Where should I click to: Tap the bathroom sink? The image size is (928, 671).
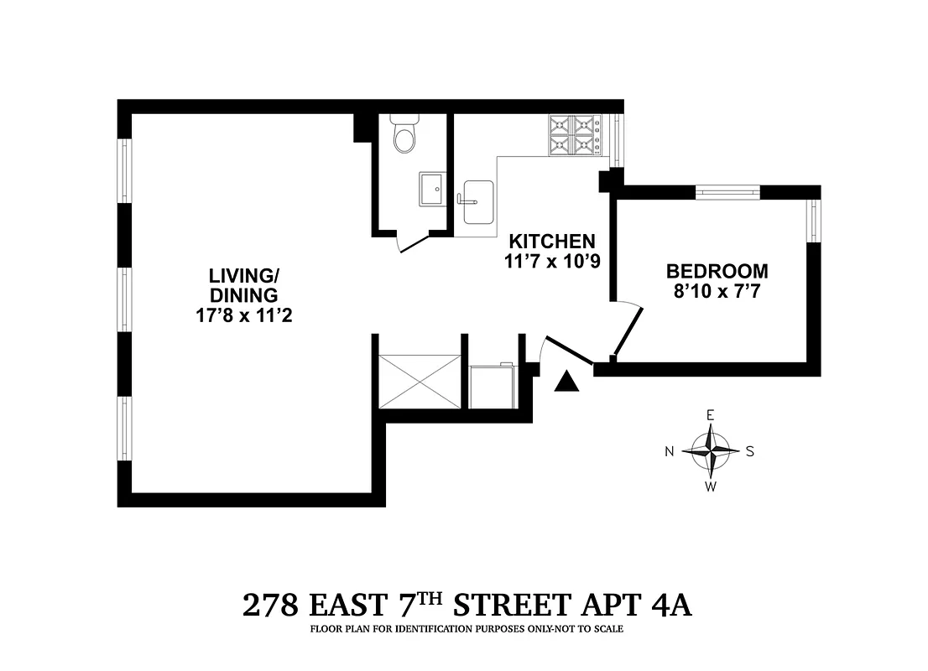[x=434, y=189]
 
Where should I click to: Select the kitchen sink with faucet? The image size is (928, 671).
[x=478, y=201]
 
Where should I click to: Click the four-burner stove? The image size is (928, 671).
[x=575, y=136]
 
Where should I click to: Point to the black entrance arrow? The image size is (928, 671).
[x=568, y=382]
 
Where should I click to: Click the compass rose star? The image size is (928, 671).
[x=711, y=450]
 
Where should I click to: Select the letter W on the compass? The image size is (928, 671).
[x=711, y=486]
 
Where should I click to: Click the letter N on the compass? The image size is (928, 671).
[x=670, y=451]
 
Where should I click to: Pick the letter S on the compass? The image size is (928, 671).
[x=750, y=451]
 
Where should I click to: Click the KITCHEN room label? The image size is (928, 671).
[x=550, y=241]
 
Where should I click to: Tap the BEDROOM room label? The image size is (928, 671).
[x=717, y=272]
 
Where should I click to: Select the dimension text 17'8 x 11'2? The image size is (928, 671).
[x=243, y=316]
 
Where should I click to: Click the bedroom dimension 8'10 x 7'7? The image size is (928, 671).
[x=717, y=293]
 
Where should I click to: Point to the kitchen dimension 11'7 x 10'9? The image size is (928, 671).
[x=550, y=261]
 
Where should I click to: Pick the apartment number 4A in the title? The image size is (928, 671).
[x=670, y=605]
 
